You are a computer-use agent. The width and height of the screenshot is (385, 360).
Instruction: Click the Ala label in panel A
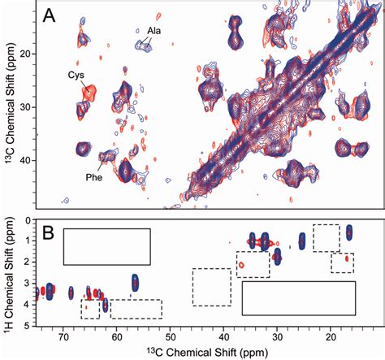[x=154, y=31]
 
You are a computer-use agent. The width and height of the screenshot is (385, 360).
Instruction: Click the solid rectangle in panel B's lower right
[x=299, y=297]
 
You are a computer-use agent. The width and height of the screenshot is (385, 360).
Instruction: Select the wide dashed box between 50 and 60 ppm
[x=136, y=309]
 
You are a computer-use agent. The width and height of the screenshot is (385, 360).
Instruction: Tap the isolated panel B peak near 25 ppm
[x=302, y=241]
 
